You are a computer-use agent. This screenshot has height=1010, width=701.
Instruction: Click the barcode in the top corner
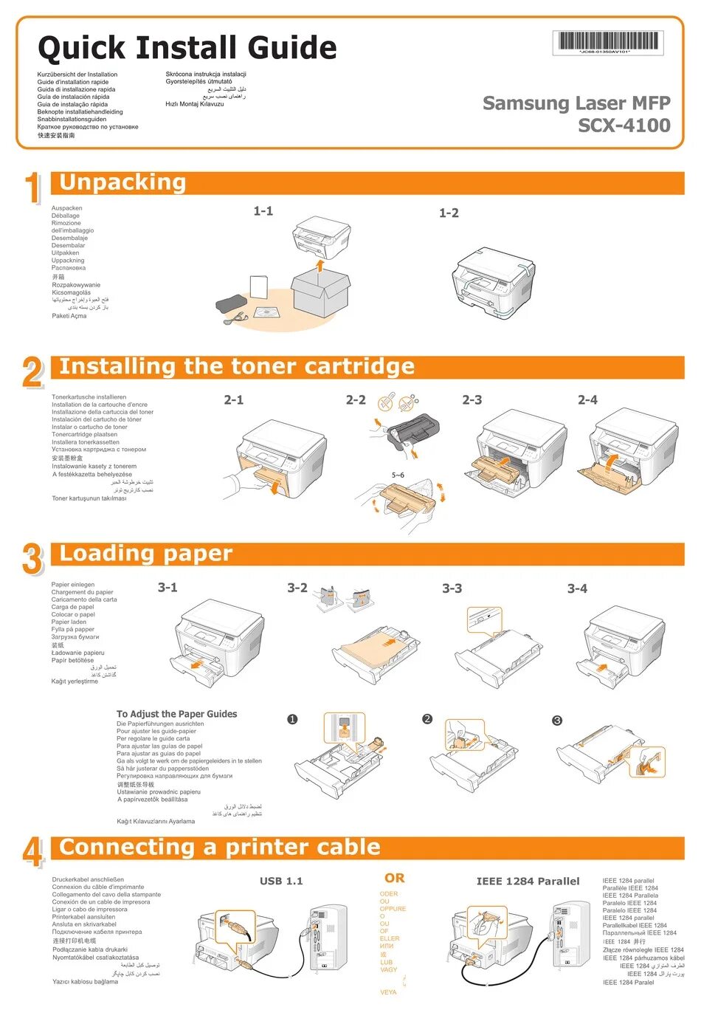[x=607, y=41]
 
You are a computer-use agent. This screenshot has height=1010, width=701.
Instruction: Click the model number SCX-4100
[x=624, y=126]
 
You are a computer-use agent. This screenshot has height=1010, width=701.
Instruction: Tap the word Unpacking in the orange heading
[x=122, y=182]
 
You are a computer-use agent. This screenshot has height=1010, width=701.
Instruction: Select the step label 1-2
[x=449, y=213]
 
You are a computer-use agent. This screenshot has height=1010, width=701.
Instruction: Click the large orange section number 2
[x=32, y=372]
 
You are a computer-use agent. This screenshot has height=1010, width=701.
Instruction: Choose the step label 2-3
[x=472, y=399]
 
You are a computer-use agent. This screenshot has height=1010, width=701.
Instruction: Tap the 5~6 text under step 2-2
[x=398, y=475]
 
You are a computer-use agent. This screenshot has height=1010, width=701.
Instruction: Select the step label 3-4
[x=577, y=588]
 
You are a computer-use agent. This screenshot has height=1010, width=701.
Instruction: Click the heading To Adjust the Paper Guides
[x=177, y=714]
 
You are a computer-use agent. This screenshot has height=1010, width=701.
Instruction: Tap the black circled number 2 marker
[x=427, y=718]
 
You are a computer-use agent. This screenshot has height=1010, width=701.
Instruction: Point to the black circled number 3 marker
[x=557, y=720]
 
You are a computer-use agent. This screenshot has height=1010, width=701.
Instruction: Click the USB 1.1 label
[x=281, y=881]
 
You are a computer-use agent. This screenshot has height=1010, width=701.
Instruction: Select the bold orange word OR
[x=394, y=878]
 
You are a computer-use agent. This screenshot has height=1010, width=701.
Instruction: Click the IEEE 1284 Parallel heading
[x=528, y=881]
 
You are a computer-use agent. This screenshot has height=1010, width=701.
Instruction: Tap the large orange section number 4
[x=32, y=852]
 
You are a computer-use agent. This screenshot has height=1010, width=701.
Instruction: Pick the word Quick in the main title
[x=81, y=48]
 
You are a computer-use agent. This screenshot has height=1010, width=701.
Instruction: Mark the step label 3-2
[x=297, y=588]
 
